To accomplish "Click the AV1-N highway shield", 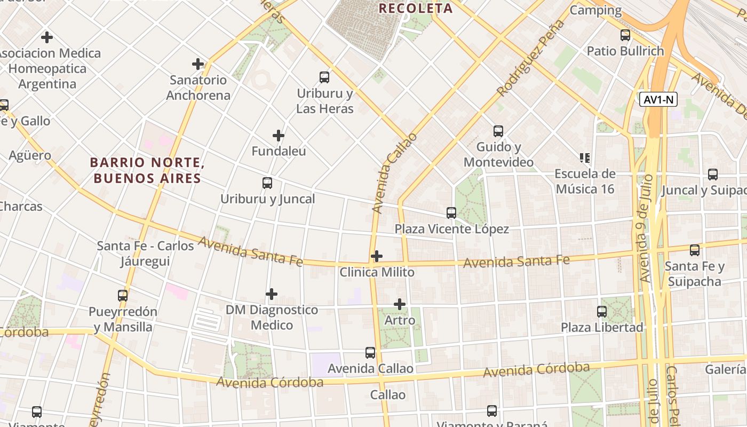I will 658,100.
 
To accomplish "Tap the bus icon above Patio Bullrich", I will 625,36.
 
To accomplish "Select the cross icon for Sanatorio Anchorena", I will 198,64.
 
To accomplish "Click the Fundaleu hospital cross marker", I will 278,136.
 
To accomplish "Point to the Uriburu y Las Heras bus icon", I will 324,77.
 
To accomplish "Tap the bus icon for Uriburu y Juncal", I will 267,183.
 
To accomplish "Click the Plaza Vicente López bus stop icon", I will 451,213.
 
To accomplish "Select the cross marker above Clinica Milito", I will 377,256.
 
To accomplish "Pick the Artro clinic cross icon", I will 400,304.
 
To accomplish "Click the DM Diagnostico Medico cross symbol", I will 272,294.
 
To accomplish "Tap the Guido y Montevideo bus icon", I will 498,131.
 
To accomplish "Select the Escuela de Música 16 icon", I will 585,158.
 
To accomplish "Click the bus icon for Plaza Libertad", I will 602,312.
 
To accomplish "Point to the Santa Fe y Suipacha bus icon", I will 695,250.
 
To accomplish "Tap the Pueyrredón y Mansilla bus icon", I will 123,296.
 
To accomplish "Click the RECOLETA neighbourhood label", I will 416,9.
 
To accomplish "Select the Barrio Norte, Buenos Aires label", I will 147,170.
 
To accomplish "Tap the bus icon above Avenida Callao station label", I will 370,353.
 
